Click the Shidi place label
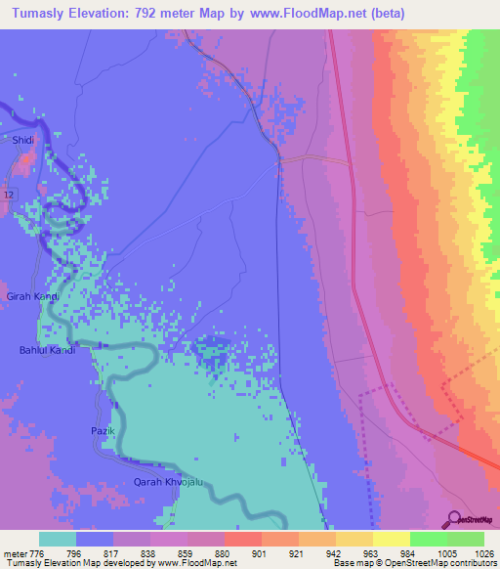(x=23, y=141)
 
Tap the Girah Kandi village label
(x=33, y=296)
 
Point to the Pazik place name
(x=104, y=431)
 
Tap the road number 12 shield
(x=9, y=197)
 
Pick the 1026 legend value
(x=484, y=554)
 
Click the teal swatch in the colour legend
(x=57, y=539)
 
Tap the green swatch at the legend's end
(x=466, y=539)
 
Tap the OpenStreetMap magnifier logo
(x=455, y=519)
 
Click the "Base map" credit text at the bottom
(x=354, y=564)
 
